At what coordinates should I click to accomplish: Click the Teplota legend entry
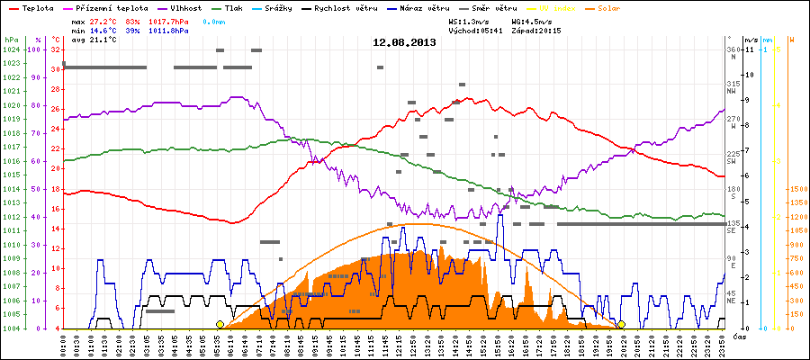(33, 7)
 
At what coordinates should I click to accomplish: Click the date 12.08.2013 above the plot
(404, 41)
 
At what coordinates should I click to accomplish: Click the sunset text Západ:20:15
(535, 30)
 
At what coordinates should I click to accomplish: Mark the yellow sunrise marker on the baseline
(220, 325)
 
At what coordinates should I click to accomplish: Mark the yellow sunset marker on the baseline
(621, 325)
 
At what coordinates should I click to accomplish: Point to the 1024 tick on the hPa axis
(10, 49)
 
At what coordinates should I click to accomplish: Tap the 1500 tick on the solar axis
(796, 189)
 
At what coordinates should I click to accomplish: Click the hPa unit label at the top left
(10, 40)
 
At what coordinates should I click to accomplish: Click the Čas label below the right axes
(738, 336)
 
